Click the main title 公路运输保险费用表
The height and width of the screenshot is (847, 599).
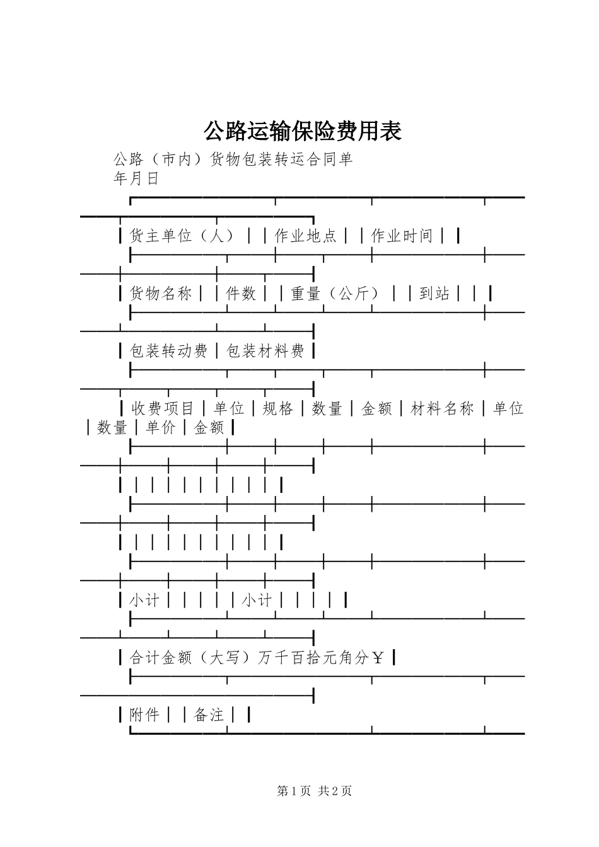[303, 132]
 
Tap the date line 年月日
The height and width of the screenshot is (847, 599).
[136, 179]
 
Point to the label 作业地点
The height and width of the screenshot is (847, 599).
[306, 236]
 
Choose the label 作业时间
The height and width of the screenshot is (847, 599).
[402, 236]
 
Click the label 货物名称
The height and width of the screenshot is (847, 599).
[161, 294]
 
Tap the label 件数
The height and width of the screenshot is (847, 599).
[241, 294]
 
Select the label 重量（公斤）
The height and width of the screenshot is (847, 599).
[337, 294]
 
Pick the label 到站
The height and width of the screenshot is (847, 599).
[434, 294]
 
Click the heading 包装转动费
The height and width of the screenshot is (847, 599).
[168, 351]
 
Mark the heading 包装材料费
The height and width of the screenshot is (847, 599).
[265, 351]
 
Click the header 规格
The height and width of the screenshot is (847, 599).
[278, 409]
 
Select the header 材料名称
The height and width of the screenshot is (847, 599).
[442, 409]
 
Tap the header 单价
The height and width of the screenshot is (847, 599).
[161, 428]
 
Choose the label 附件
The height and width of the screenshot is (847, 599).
[144, 715]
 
